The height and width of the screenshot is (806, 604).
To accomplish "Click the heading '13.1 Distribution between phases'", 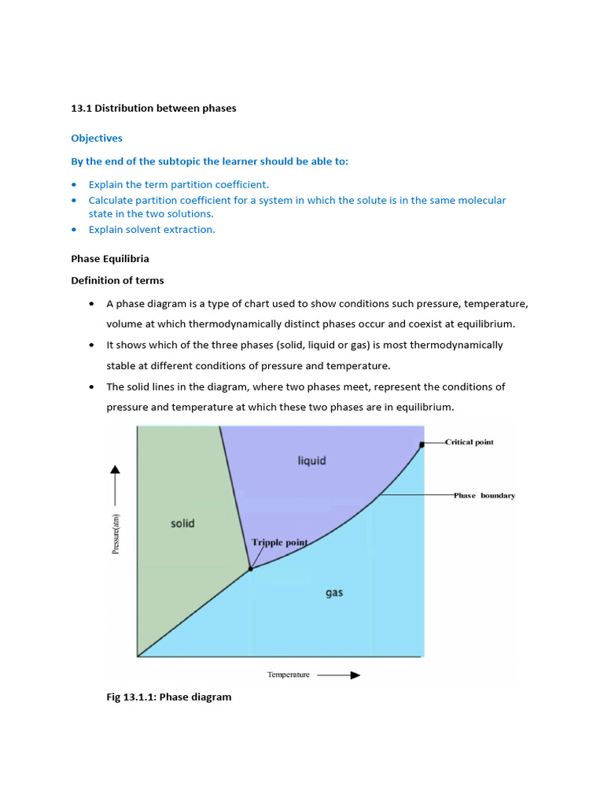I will click(x=153, y=109).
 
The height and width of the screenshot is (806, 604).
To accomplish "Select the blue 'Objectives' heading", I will click(x=97, y=139).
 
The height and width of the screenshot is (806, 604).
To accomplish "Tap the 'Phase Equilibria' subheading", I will click(x=110, y=259).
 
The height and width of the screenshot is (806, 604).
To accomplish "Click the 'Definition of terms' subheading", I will click(x=118, y=281).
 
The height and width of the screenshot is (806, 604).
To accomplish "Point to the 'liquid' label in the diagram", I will click(x=311, y=460).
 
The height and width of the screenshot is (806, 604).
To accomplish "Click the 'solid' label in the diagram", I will click(x=182, y=523).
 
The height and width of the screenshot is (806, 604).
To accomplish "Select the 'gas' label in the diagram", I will click(x=334, y=593).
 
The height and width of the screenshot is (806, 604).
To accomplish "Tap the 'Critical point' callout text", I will click(x=470, y=442).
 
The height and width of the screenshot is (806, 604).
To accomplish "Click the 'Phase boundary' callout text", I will click(x=484, y=496).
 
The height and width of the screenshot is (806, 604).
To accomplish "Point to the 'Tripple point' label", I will click(x=279, y=542).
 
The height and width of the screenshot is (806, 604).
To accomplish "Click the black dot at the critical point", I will click(x=422, y=445).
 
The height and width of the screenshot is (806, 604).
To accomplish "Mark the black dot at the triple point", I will click(x=250, y=568).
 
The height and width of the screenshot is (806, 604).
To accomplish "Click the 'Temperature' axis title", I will click(x=289, y=675).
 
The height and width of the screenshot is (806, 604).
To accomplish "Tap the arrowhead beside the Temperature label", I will click(x=355, y=675).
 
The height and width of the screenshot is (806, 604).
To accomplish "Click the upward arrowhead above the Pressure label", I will click(x=116, y=470).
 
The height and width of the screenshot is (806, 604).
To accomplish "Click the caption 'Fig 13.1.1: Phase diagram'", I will click(x=151, y=697).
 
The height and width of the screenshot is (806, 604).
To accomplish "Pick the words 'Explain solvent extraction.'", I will click(x=152, y=230).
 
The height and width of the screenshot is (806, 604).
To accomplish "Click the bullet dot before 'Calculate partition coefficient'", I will click(x=74, y=201).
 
